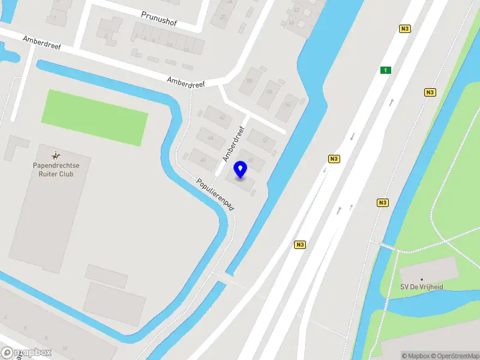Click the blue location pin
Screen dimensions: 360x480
[241, 170]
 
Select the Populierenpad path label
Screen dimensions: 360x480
[215, 194]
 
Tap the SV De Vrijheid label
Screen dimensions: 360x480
[422, 287]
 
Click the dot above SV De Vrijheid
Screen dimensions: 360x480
[422, 279]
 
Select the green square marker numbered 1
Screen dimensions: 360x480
[386, 70]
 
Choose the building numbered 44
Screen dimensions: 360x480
[211, 138]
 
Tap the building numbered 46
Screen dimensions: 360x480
[203, 160]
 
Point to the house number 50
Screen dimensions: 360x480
[251, 160]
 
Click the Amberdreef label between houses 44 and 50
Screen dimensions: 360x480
[234, 144]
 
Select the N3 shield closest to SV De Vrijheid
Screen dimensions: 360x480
[382, 202]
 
